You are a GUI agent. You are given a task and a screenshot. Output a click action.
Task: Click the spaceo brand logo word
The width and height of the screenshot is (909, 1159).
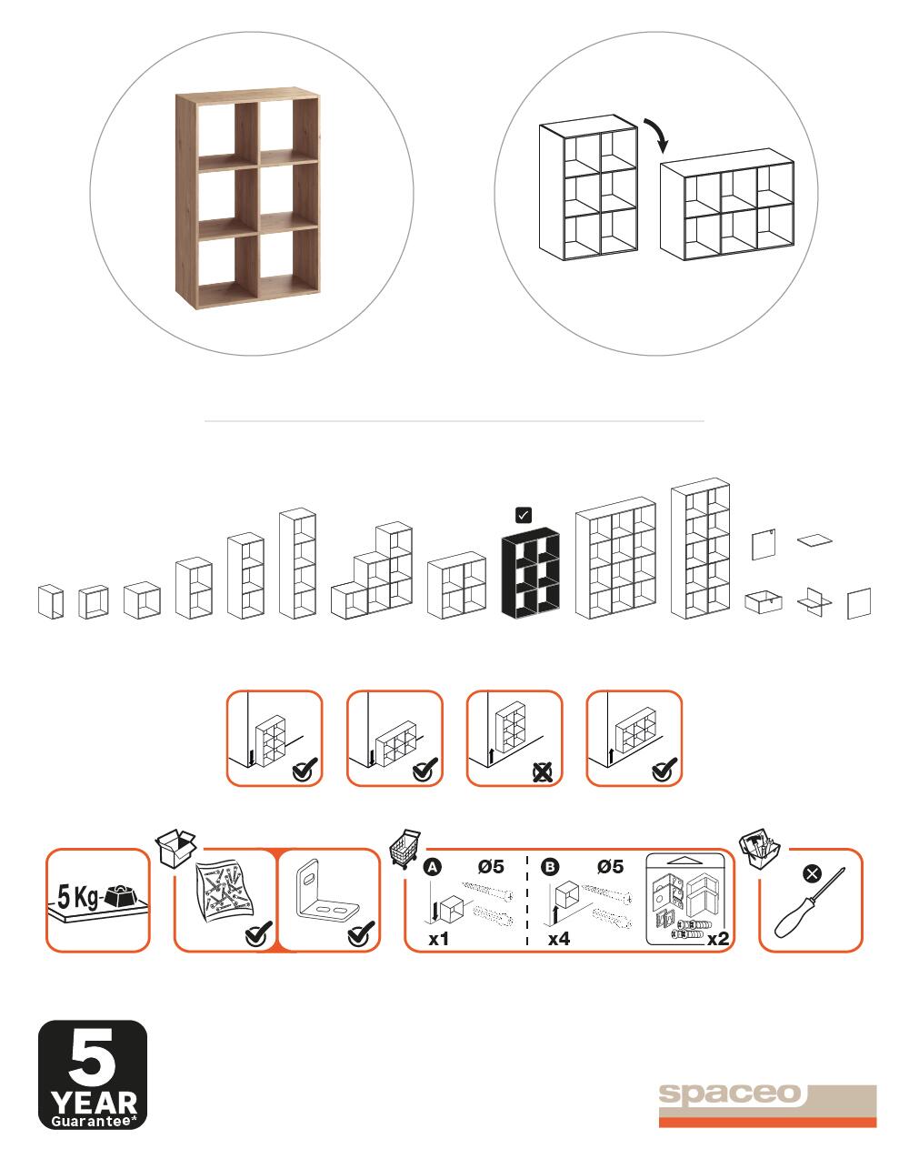click(730, 1093)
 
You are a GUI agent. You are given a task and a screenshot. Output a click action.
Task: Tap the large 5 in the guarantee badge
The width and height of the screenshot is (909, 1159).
click(92, 1058)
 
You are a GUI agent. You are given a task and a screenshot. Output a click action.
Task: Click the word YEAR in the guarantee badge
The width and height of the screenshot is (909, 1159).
click(94, 1104)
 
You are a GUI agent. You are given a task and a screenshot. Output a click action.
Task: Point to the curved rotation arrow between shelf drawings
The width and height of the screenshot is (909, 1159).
click(657, 134)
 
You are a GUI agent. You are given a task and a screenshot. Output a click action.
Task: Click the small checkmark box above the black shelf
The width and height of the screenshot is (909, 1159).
click(524, 515)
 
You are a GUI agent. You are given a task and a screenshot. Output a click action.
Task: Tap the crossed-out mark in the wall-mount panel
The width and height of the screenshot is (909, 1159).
click(543, 772)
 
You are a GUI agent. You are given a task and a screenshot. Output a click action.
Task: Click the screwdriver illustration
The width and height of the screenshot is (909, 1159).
click(809, 902)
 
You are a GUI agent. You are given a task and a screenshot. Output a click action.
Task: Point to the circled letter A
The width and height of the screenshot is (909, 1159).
click(433, 867)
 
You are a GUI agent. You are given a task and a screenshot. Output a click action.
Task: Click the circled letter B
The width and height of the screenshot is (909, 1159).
click(550, 867)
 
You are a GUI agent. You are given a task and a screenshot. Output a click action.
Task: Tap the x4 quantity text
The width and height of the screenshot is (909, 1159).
click(559, 938)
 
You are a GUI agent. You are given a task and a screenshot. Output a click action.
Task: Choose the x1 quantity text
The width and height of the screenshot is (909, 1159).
click(438, 939)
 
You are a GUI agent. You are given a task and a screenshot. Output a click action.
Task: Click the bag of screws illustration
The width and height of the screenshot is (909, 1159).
click(226, 887)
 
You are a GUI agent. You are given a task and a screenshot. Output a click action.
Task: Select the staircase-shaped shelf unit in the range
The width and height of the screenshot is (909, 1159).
click(372, 570)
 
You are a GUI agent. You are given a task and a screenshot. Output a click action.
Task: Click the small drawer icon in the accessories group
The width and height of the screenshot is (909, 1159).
click(764, 602)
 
